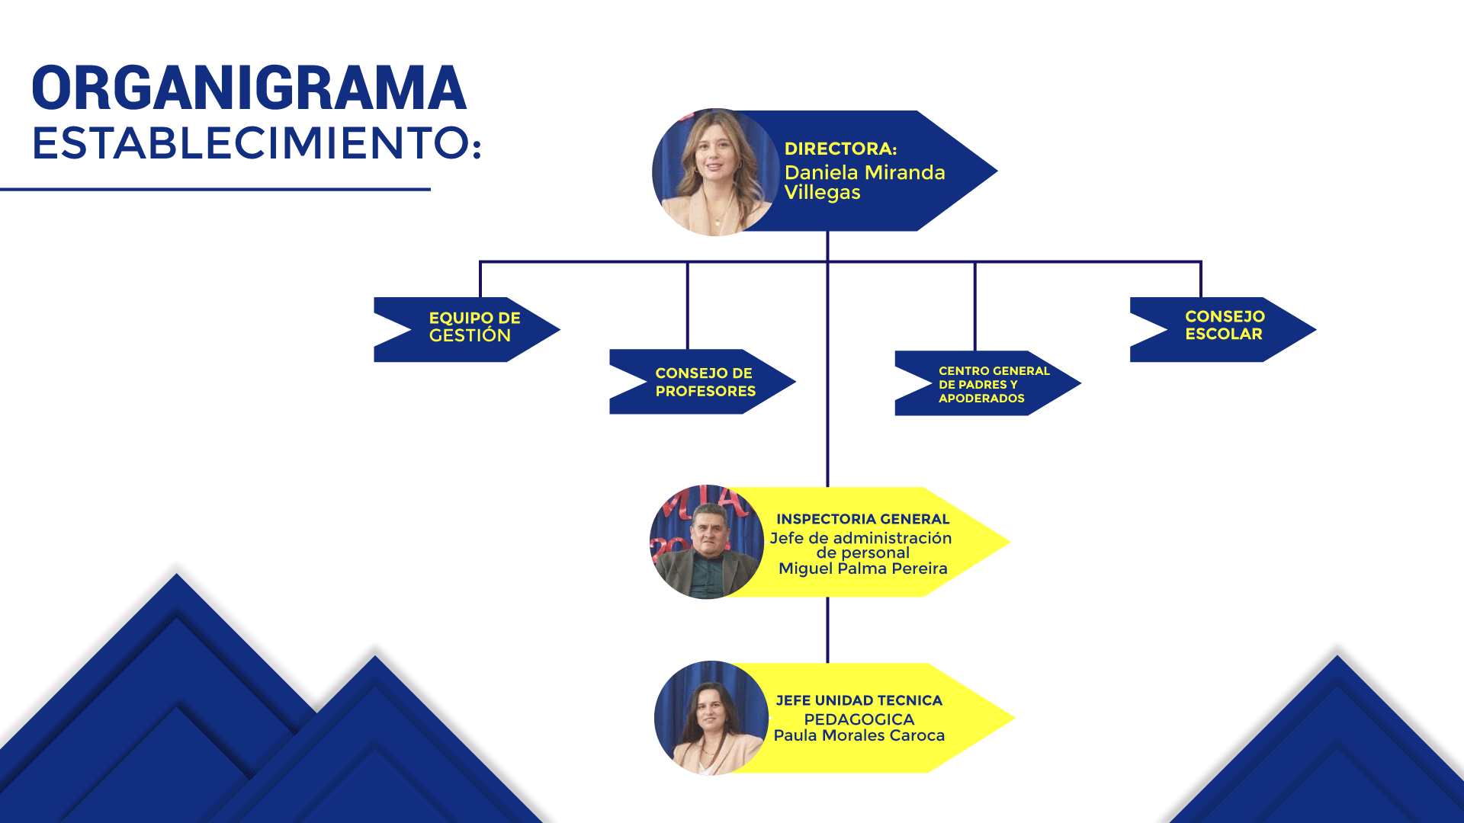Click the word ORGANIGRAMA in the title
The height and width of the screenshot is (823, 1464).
click(x=249, y=88)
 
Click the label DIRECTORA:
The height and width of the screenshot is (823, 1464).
click(x=840, y=149)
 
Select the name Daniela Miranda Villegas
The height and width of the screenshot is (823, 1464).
click(x=865, y=182)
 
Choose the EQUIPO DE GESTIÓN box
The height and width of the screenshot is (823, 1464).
click(x=467, y=329)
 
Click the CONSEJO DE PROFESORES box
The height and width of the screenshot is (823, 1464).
click(x=702, y=382)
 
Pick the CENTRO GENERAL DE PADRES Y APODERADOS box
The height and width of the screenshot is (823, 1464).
click(x=987, y=383)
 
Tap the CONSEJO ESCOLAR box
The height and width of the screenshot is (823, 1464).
click(x=1223, y=329)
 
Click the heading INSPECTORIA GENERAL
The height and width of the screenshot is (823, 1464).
click(x=862, y=519)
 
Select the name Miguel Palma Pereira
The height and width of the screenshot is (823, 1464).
click(x=862, y=568)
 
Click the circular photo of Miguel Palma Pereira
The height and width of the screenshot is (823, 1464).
click(x=707, y=542)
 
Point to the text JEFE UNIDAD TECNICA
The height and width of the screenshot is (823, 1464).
click(x=859, y=700)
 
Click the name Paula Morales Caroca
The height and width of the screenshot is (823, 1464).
click(x=859, y=735)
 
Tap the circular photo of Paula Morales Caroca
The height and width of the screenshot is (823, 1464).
click(x=711, y=718)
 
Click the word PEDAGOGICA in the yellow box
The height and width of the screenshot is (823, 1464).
click(x=859, y=719)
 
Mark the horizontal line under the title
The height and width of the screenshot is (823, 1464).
click(x=215, y=189)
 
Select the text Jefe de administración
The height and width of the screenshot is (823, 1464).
click(x=860, y=538)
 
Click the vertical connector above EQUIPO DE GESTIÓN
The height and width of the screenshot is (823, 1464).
click(x=480, y=280)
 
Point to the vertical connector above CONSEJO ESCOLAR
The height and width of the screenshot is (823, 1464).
click(x=1201, y=280)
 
